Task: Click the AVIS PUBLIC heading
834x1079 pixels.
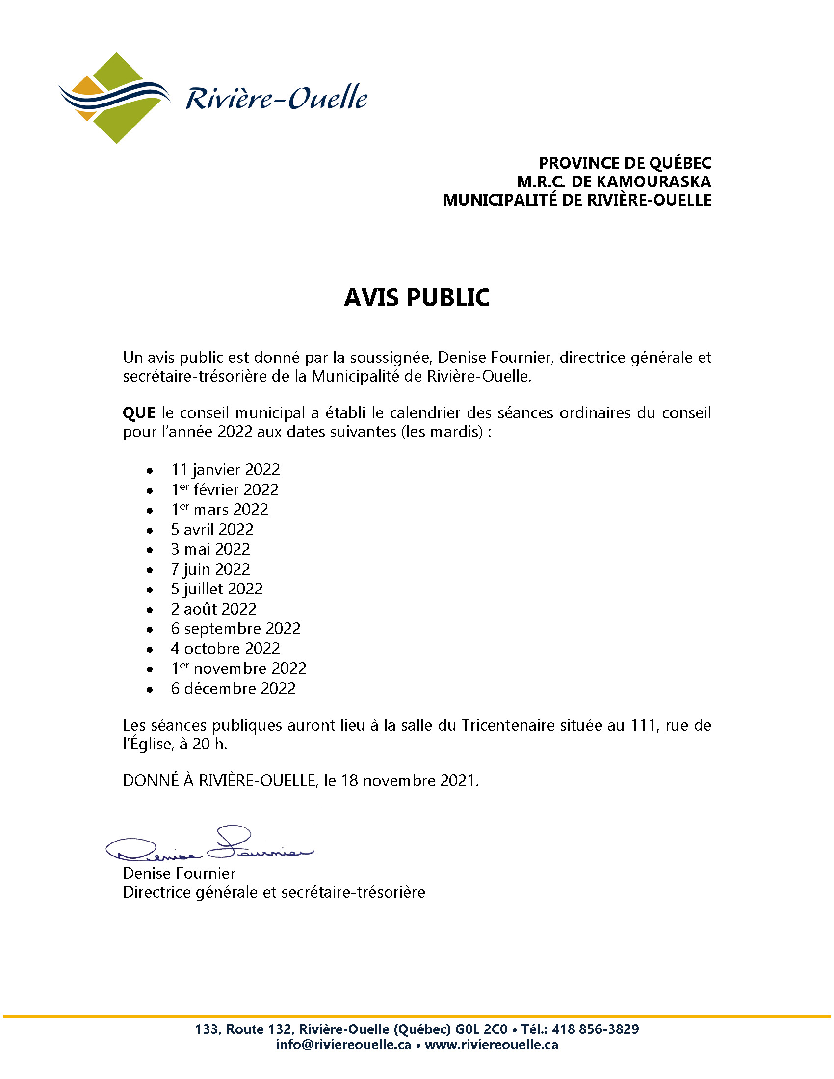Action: point(417,297)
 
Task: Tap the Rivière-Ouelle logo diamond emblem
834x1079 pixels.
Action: point(115,98)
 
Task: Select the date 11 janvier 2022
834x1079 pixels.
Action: point(225,469)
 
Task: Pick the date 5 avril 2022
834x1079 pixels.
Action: point(212,529)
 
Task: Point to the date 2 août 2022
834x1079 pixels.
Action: point(213,609)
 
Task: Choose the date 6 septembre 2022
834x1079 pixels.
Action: point(235,628)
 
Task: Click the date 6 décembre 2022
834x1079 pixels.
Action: point(233,688)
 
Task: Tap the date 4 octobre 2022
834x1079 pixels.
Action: point(225,648)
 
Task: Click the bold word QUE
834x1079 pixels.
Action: point(139,412)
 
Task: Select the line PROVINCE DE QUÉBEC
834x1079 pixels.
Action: point(625,163)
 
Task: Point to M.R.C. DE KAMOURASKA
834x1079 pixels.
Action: point(614,181)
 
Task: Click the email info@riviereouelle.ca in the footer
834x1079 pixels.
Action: point(343,1044)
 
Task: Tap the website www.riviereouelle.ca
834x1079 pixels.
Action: point(491,1044)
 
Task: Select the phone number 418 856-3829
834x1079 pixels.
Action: point(596,1029)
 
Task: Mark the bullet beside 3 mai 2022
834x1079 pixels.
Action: point(150,550)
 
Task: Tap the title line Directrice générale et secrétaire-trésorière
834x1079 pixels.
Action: point(274,892)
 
